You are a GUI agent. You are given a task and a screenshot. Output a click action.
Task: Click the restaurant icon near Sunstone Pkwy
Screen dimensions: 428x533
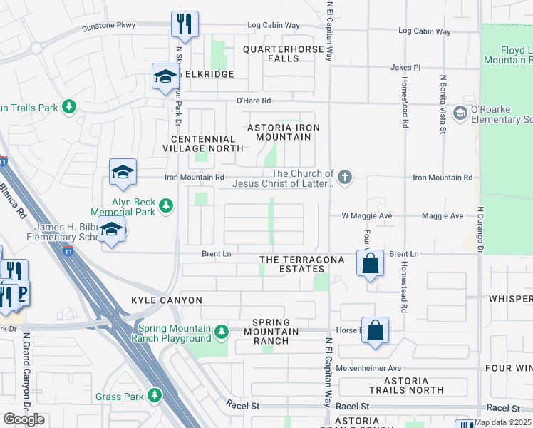click(x=184, y=24)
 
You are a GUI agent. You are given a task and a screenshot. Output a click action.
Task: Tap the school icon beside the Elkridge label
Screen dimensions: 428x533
click(x=165, y=76)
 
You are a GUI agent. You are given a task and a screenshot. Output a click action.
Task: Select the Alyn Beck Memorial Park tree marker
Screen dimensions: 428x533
click(x=166, y=206)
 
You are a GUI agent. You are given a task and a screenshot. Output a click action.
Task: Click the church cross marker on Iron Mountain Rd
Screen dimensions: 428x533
click(x=345, y=177)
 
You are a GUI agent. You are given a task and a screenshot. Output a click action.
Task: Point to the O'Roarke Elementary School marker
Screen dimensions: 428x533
click(x=460, y=113)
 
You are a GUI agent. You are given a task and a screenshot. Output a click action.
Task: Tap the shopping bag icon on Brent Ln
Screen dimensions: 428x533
click(x=371, y=263)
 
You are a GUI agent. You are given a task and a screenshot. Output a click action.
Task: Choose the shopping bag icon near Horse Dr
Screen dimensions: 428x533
click(x=376, y=330)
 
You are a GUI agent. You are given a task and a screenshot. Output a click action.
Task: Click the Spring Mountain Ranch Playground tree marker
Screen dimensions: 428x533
click(x=221, y=331)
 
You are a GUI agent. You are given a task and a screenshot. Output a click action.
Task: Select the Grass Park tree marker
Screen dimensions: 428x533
click(x=155, y=395)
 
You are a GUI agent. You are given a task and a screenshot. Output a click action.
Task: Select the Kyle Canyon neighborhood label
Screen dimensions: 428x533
click(x=167, y=300)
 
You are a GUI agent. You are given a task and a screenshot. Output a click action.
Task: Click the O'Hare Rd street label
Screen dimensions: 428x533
click(x=256, y=101)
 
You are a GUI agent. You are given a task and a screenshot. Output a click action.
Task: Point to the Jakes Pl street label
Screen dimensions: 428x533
click(x=405, y=67)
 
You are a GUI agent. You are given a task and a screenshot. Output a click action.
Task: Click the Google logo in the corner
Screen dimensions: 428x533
click(x=24, y=419)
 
